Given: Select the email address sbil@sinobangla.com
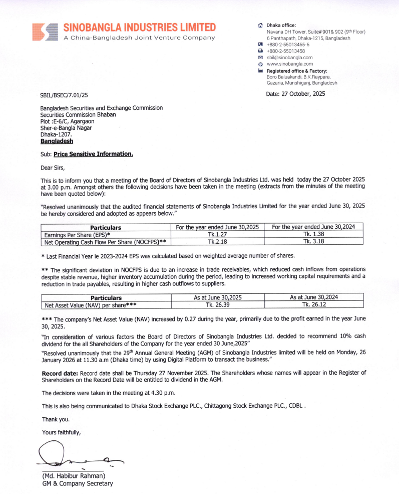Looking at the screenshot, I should tap(289, 58).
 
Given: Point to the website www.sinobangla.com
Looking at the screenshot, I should tap(290, 64).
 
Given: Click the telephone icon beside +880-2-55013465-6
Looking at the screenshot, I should tap(260, 45).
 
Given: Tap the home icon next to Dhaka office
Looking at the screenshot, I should tap(260, 25).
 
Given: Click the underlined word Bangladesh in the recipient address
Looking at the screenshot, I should tap(57, 141).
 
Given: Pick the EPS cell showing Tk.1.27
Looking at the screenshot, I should tap(218, 234).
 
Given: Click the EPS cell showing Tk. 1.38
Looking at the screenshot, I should tap(313, 234).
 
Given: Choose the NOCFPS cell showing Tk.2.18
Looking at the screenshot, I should tap(218, 242).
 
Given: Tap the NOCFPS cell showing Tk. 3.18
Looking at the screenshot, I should tap(313, 242).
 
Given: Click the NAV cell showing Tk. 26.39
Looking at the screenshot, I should tap(218, 304).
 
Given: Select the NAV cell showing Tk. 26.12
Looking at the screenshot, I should tap(313, 304).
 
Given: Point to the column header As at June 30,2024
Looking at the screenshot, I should tap(313, 297).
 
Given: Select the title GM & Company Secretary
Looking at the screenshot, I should tap(78, 483).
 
